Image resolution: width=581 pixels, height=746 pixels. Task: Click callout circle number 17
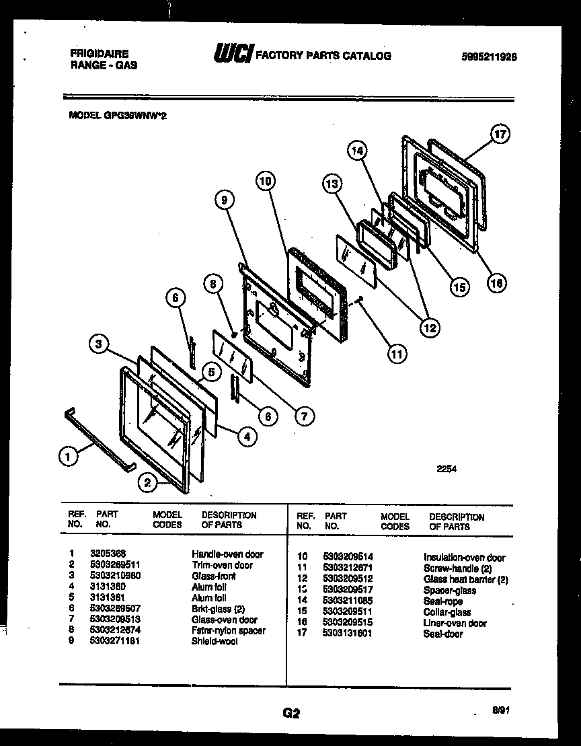click(x=500, y=134)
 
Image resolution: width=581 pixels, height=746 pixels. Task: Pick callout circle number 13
click(x=331, y=183)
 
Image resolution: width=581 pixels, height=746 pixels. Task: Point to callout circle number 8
click(x=212, y=285)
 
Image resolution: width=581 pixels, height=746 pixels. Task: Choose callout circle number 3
click(x=99, y=345)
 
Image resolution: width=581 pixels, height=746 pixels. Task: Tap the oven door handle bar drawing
click(x=100, y=438)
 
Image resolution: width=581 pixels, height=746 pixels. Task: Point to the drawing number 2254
click(x=446, y=470)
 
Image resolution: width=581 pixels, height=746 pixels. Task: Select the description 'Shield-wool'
click(x=214, y=641)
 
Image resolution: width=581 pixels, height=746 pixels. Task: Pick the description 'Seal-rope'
click(x=444, y=601)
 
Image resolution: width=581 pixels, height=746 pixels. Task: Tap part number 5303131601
click(x=348, y=633)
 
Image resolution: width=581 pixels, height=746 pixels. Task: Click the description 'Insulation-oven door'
click(x=464, y=558)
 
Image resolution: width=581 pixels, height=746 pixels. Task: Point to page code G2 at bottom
click(x=290, y=714)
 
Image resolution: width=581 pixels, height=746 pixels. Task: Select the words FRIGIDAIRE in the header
click(x=99, y=53)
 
